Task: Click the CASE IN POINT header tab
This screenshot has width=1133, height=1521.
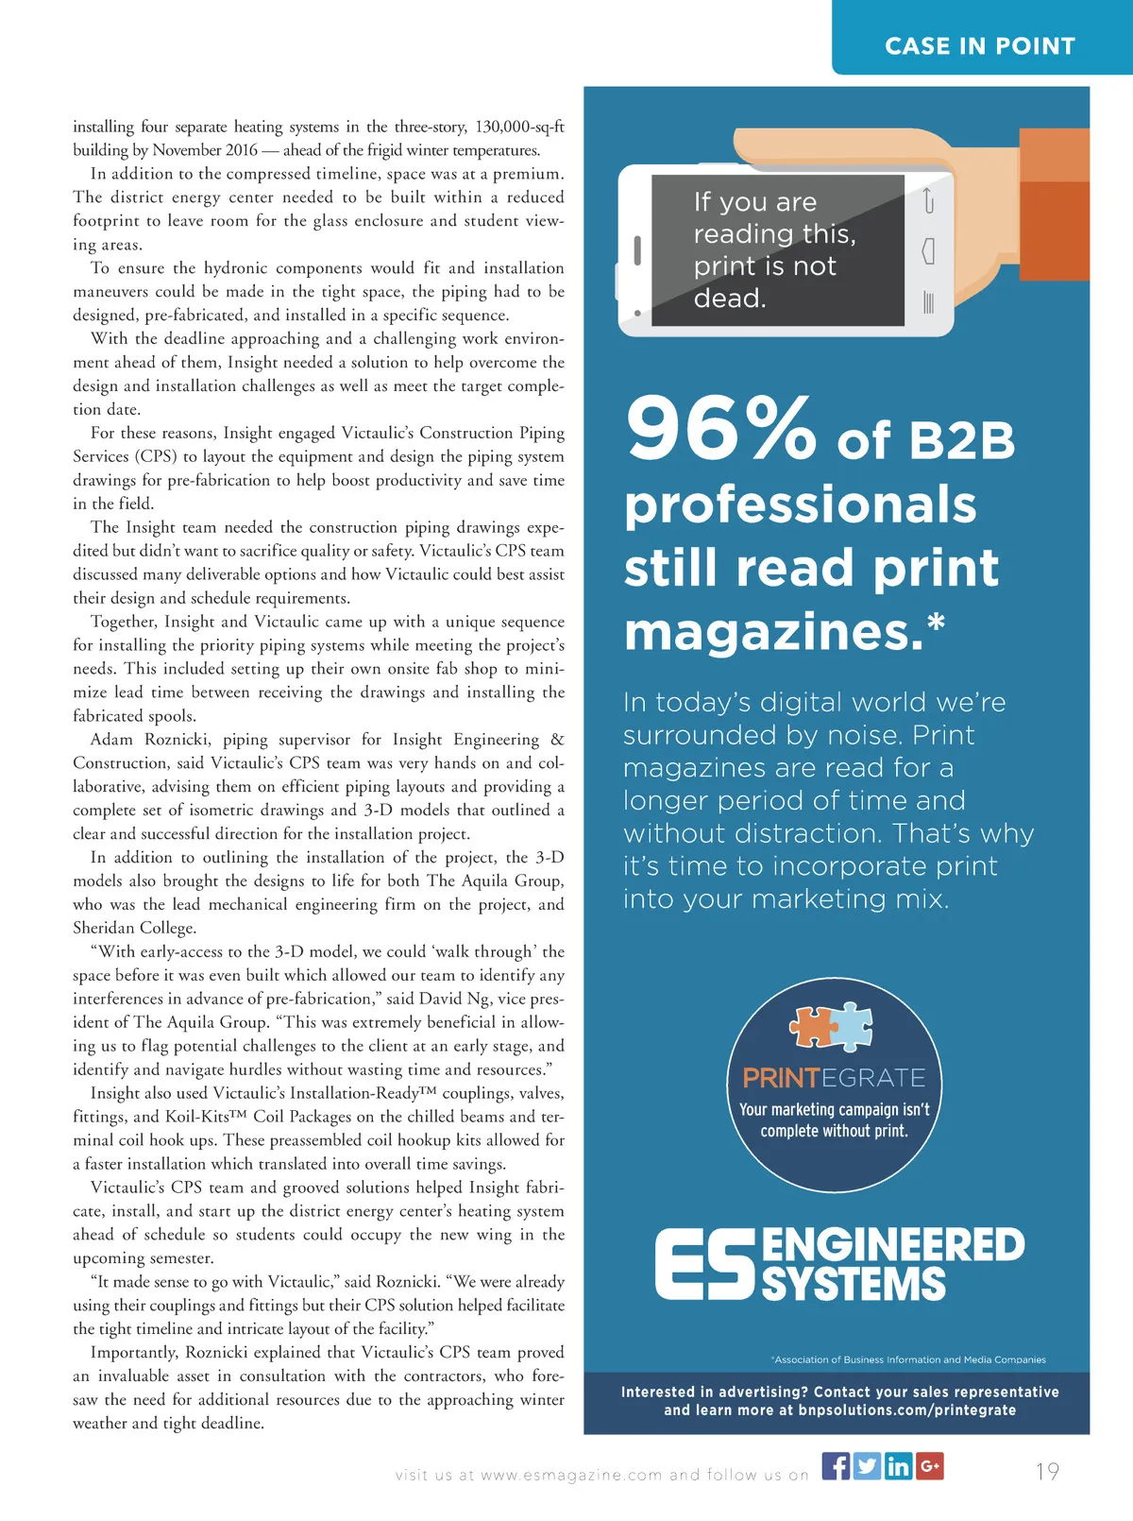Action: [x=980, y=45]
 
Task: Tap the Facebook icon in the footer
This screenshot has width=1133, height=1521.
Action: [x=836, y=1465]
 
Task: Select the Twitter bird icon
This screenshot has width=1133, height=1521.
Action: [x=867, y=1465]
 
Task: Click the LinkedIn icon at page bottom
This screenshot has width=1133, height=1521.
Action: [x=898, y=1465]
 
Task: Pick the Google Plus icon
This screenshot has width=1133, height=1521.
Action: [x=929, y=1465]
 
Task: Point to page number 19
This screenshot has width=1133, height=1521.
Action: [x=1047, y=1471]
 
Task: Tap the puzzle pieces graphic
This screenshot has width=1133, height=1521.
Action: [x=831, y=1026]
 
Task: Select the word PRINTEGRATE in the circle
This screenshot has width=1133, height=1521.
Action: [x=834, y=1078]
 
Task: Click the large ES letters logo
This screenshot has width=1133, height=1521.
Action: [x=706, y=1263]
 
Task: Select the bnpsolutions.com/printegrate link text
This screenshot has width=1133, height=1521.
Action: [x=906, y=1410]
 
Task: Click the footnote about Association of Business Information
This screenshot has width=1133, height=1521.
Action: [x=908, y=1359]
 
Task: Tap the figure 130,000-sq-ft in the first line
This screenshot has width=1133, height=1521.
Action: [x=519, y=127]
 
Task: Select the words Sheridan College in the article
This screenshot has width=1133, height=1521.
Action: [x=134, y=928]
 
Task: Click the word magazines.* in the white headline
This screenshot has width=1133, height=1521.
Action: [x=784, y=631]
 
